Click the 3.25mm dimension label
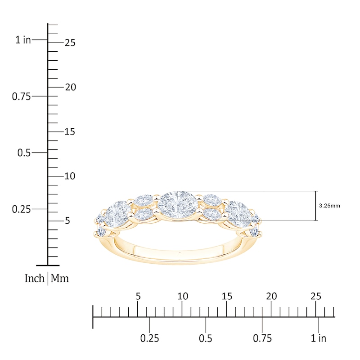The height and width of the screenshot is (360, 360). click(329, 205)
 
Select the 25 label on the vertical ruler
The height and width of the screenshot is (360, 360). click(70, 43)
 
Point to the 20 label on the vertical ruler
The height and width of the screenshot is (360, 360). click(70, 87)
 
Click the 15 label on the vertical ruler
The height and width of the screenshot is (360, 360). click(70, 132)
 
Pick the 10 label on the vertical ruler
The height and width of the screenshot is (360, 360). click(70, 176)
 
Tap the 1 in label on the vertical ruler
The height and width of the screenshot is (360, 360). click(23, 40)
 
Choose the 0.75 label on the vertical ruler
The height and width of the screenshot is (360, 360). click(22, 96)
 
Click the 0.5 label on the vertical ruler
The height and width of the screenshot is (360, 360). click(24, 153)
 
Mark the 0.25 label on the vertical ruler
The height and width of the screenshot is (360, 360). click(22, 209)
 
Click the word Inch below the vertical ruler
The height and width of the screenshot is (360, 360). click(35, 279)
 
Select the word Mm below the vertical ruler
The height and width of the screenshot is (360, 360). click(59, 279)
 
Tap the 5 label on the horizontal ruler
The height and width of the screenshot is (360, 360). click(138, 296)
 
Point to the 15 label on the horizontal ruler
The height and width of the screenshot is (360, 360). click(227, 296)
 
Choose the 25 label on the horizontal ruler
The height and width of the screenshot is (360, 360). click(316, 296)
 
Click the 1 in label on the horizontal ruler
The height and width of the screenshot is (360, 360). click(319, 338)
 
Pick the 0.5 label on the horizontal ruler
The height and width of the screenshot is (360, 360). click(206, 338)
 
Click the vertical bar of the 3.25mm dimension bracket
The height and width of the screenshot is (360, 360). click(316, 206)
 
